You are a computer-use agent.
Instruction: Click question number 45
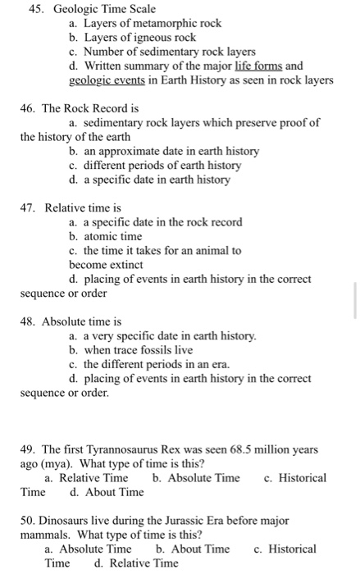pyautogui.click(x=36, y=9)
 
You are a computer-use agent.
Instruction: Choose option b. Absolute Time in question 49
pyautogui.click(x=196, y=478)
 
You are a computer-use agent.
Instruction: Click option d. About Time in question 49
pyautogui.click(x=107, y=492)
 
